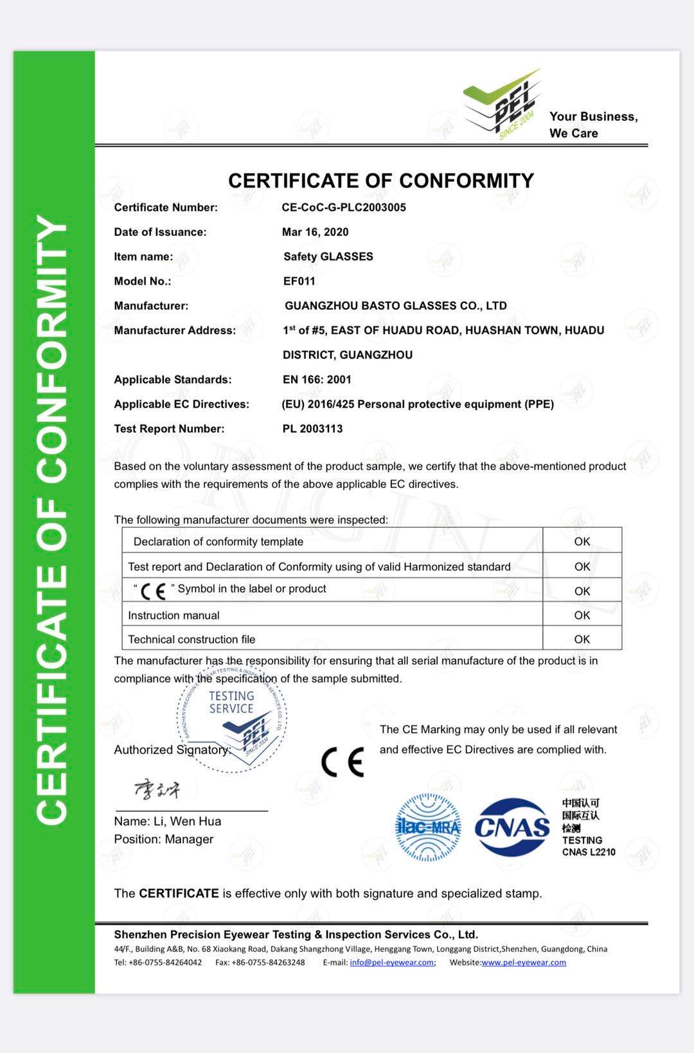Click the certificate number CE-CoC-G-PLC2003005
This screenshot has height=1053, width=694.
[x=344, y=208]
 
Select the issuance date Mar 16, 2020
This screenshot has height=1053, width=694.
[x=316, y=232]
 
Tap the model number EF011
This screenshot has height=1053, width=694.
[x=299, y=281]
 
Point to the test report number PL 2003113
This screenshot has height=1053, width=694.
[x=312, y=429]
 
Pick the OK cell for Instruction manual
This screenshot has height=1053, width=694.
[x=582, y=615]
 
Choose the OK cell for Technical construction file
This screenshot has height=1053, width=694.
[x=582, y=639]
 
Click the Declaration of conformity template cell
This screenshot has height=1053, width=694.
[x=218, y=542]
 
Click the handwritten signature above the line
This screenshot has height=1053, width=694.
[x=157, y=789]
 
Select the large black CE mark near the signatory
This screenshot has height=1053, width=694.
[x=343, y=762]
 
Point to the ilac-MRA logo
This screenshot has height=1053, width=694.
[x=428, y=827]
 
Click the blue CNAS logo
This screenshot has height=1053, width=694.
[x=512, y=827]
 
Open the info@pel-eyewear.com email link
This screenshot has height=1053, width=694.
[x=392, y=962]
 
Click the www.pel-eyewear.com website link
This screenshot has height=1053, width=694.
[x=524, y=962]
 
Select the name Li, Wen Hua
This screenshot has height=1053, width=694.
[x=187, y=822]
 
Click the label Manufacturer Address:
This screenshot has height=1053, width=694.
[x=175, y=330]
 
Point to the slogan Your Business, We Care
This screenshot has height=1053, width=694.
[x=593, y=125]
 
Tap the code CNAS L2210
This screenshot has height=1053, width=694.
[x=589, y=852]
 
